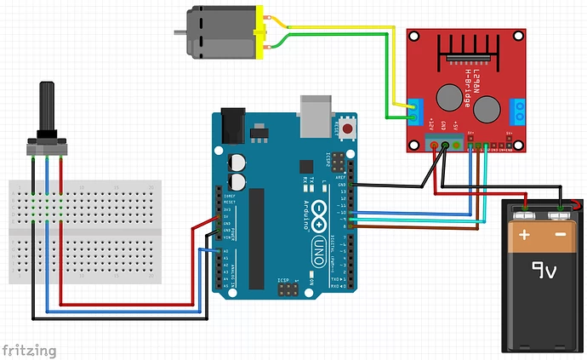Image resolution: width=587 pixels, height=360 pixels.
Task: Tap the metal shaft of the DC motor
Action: pos(180,32)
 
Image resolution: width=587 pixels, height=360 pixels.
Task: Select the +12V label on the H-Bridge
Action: pos(431,124)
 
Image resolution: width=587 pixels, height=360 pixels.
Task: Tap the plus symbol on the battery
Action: pos(525,233)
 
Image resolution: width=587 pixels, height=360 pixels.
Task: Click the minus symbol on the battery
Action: pos(560,233)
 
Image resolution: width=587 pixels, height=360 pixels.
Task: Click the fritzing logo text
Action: pos(30,350)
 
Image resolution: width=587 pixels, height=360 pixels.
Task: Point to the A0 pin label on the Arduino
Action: pos(225,252)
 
